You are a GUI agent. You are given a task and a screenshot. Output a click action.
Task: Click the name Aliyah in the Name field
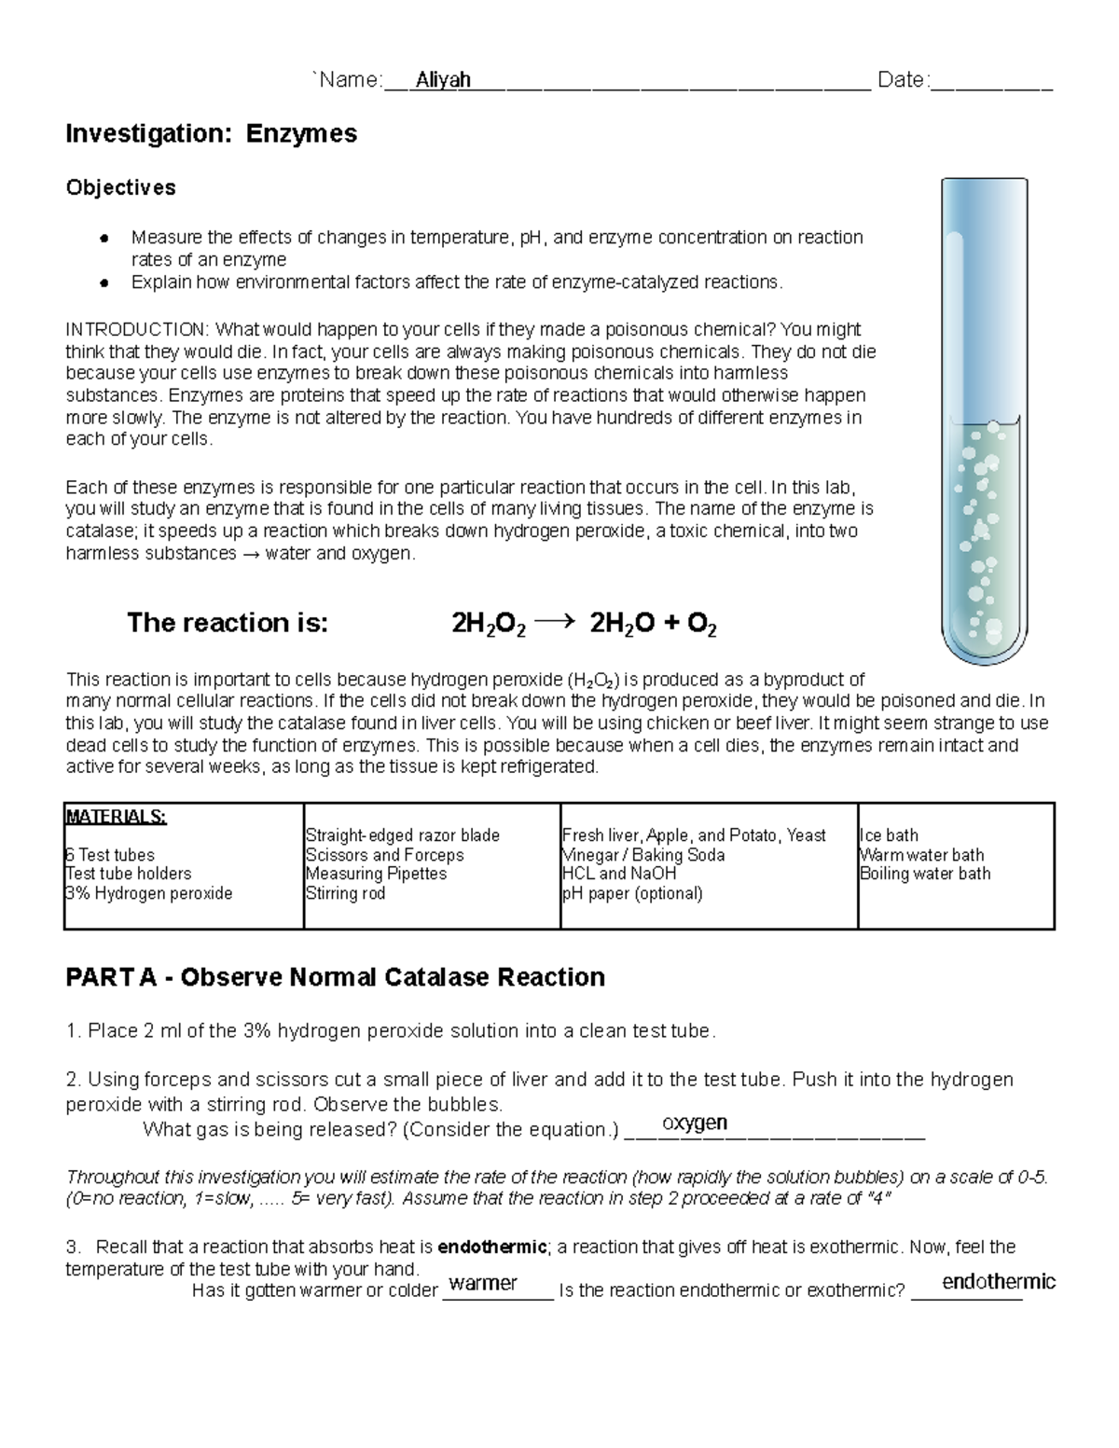(443, 80)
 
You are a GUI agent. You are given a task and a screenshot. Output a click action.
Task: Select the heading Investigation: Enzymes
(211, 134)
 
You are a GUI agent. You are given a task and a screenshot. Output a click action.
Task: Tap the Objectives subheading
(120, 187)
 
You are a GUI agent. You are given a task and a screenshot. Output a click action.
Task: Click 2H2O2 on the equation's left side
(488, 624)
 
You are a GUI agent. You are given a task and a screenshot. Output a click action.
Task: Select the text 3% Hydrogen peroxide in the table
(148, 893)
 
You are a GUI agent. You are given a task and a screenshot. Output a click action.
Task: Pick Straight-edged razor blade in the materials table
(402, 835)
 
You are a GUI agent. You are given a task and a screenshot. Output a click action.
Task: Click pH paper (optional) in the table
(632, 893)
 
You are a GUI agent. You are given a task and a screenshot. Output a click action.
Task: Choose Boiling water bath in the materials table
(925, 874)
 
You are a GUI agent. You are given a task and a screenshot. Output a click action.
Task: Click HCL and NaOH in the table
(619, 874)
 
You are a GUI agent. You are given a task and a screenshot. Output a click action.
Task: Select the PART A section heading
(335, 977)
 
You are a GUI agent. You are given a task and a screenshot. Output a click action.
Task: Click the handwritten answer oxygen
(695, 1123)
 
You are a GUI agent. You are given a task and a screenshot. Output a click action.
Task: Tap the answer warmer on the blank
(483, 1283)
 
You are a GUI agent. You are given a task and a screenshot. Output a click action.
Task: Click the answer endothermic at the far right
(998, 1281)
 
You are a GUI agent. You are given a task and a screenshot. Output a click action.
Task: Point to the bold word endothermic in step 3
(491, 1248)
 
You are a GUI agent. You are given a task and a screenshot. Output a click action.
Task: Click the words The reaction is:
(228, 623)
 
